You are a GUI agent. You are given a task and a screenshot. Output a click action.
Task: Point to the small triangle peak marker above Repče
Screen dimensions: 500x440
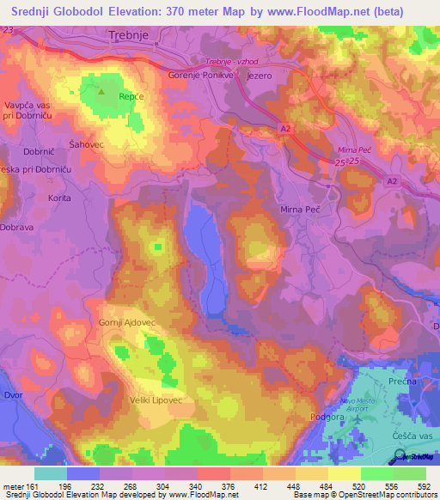(102, 88)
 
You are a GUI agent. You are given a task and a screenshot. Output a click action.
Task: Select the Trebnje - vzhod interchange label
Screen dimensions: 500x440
(234, 63)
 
